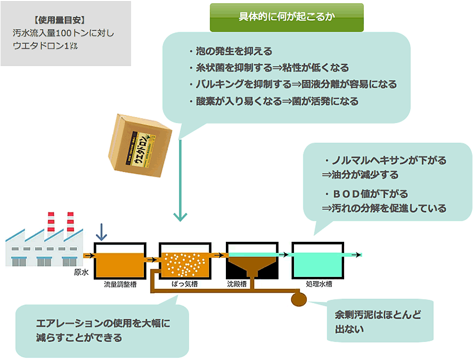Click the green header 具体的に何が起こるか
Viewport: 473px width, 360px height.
(286, 17)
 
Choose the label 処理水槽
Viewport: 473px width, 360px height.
(319, 284)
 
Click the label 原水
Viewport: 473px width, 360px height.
(81, 273)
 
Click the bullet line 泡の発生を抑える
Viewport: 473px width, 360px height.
(230, 51)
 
